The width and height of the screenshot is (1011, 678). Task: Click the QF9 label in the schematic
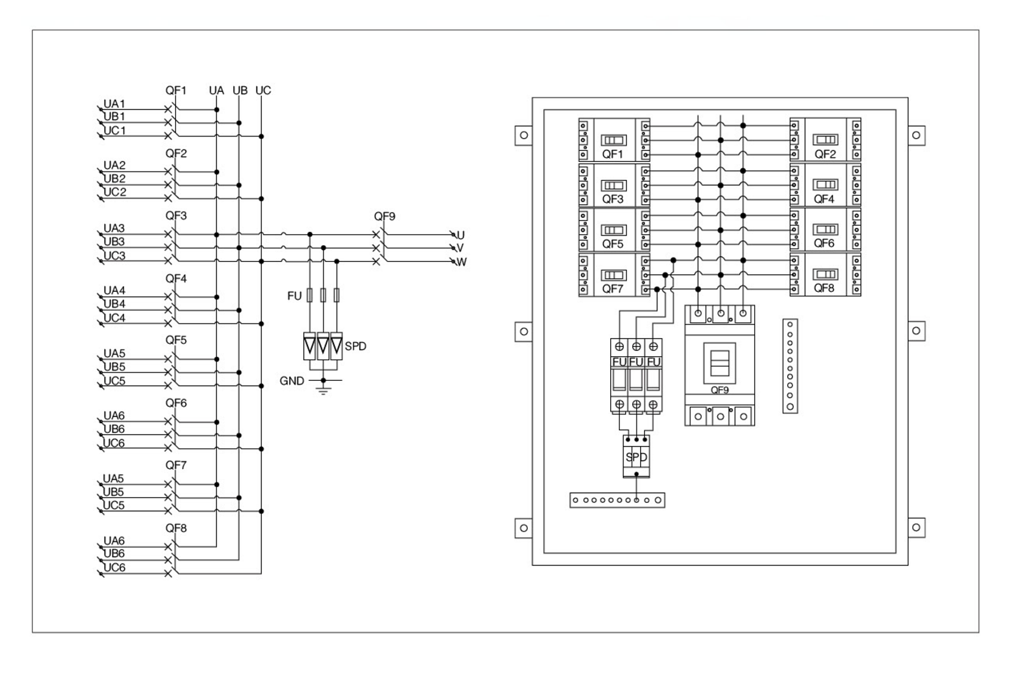click(x=384, y=216)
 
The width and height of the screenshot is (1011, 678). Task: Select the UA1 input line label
click(x=114, y=104)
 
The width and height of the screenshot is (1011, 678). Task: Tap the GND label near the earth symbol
click(x=292, y=381)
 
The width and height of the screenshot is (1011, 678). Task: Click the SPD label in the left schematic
click(x=355, y=346)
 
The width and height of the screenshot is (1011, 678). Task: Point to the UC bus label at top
click(x=263, y=91)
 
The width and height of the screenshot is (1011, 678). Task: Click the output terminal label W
click(x=461, y=262)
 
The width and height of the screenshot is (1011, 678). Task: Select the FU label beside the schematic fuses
click(x=294, y=296)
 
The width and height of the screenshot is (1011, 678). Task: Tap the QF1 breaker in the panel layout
click(x=614, y=140)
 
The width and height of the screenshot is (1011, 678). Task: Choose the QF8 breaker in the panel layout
click(x=825, y=275)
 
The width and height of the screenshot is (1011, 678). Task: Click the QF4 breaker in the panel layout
click(x=825, y=185)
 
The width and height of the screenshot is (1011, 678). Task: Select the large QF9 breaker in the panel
click(x=719, y=365)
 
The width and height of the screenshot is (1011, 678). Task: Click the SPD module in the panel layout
click(x=636, y=456)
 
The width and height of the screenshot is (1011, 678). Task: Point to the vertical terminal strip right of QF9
click(x=790, y=366)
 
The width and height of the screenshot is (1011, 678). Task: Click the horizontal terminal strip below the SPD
click(x=617, y=500)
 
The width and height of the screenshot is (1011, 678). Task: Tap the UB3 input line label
click(x=114, y=242)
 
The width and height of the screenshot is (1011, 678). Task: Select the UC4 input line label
click(x=114, y=318)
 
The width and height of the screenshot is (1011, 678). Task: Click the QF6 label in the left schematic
click(x=176, y=403)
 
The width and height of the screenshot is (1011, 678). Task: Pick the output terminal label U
click(x=460, y=235)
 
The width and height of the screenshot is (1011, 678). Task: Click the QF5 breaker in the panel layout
click(x=614, y=230)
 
